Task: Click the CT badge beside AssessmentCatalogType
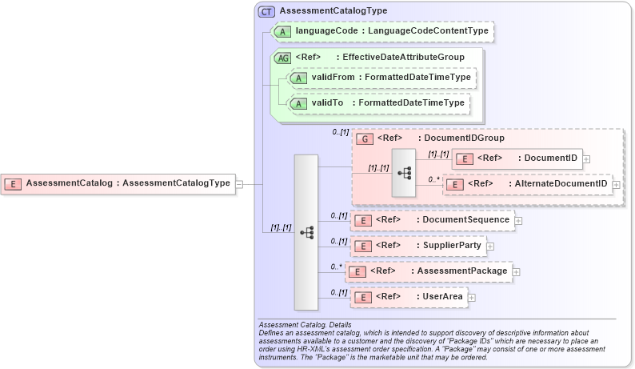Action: click(x=266, y=11)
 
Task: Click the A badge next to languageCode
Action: click(x=282, y=31)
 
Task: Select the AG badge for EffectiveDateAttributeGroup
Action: click(x=282, y=58)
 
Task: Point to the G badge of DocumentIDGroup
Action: click(x=365, y=138)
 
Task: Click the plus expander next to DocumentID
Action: click(x=587, y=158)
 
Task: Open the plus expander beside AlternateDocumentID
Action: click(x=616, y=185)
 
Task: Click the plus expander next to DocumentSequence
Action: click(x=518, y=220)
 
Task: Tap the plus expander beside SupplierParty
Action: click(x=490, y=247)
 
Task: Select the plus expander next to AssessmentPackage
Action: click(x=516, y=272)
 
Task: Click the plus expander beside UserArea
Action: click(x=471, y=298)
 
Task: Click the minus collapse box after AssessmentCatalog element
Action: click(x=239, y=184)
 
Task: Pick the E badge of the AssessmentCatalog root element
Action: click(x=13, y=184)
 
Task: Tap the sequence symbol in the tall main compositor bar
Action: click(x=306, y=232)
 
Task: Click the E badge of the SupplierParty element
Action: click(x=363, y=247)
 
